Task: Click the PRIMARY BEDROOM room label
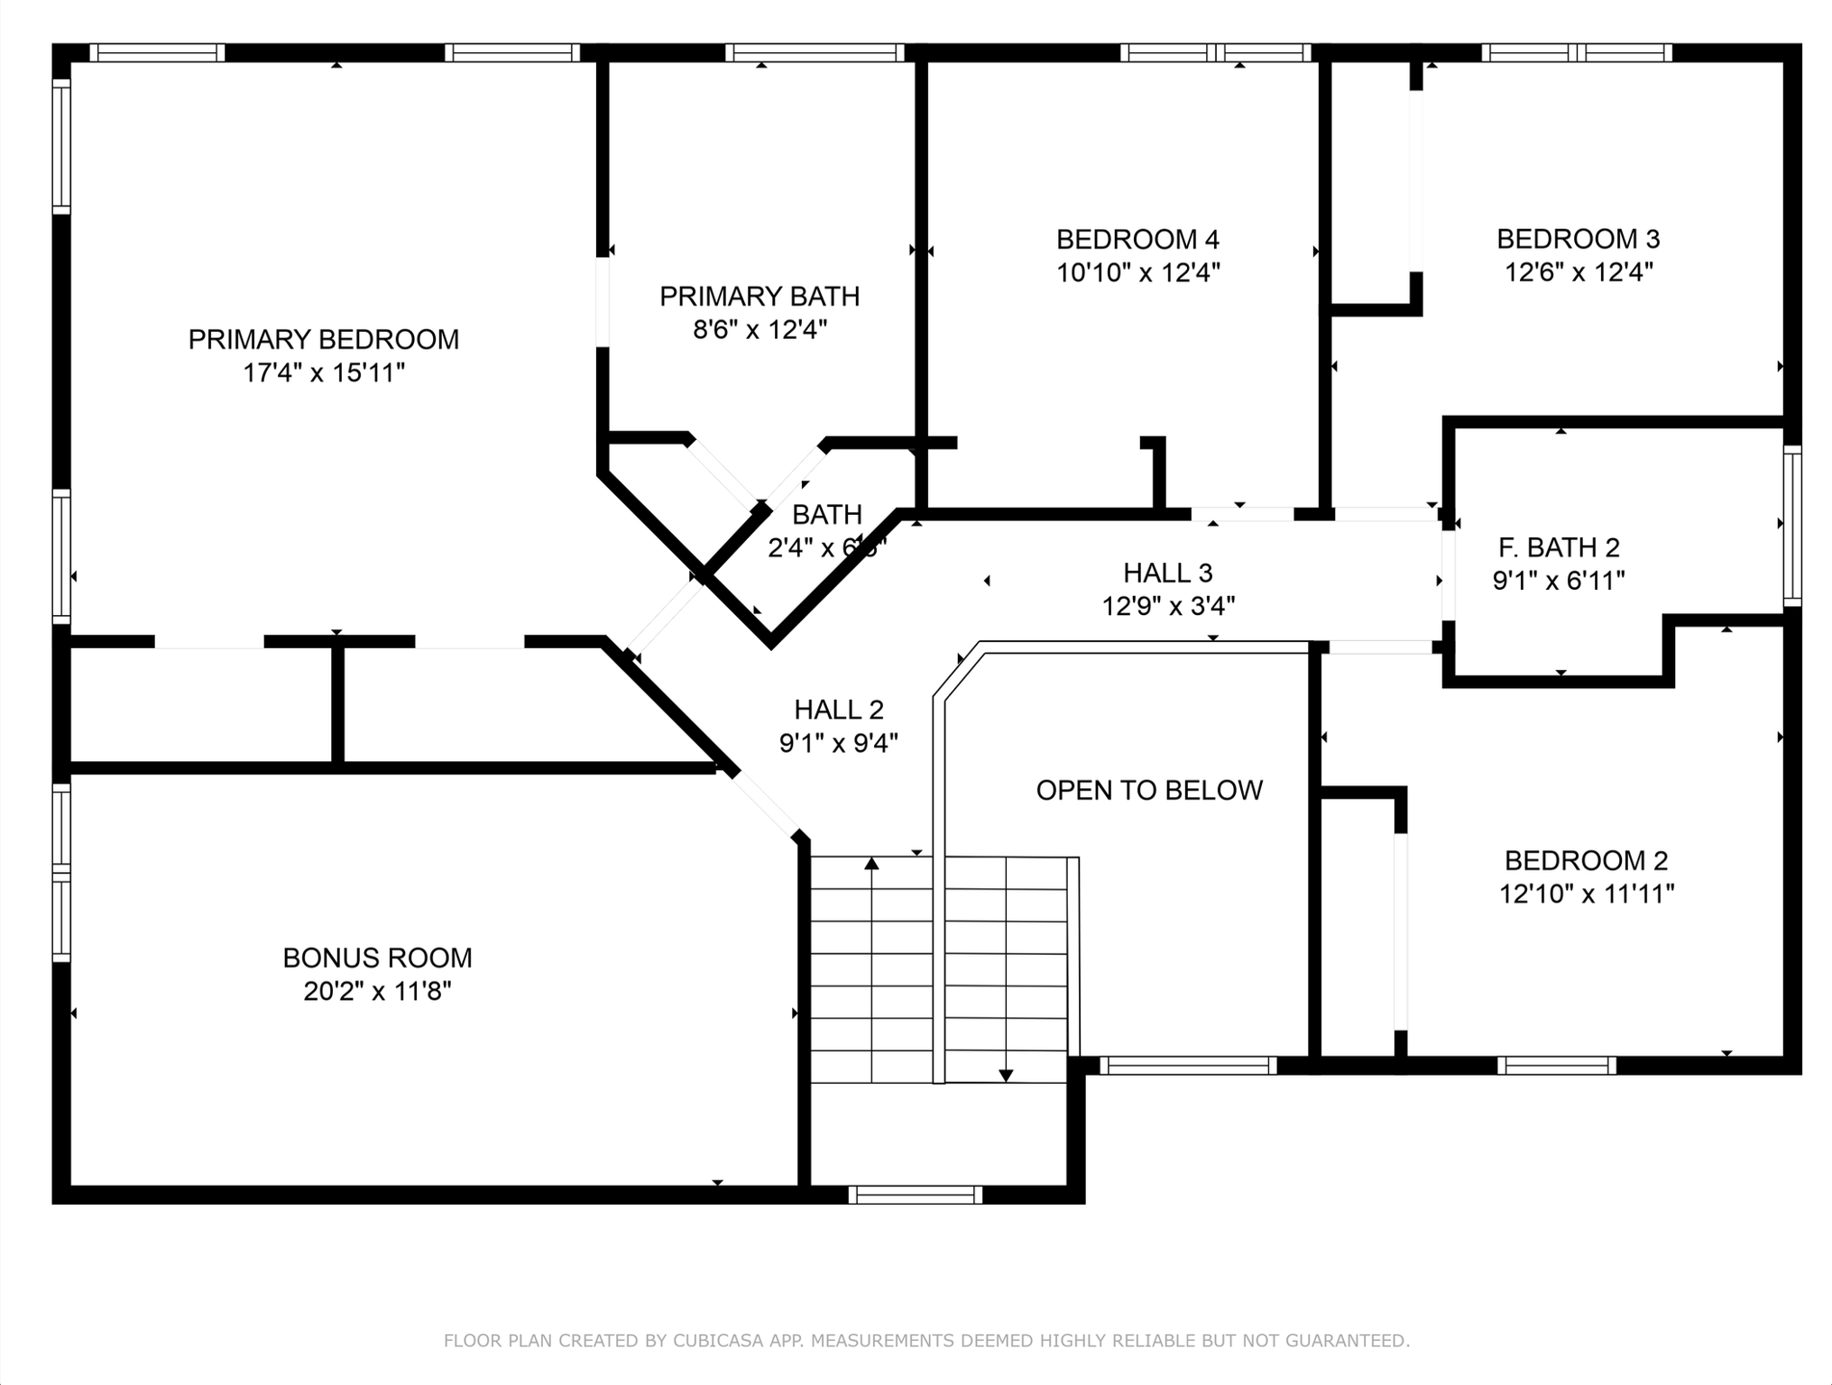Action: coord(323,339)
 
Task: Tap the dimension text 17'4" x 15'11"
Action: coord(323,372)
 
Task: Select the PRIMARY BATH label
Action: coord(759,296)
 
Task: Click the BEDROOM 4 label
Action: coord(1137,239)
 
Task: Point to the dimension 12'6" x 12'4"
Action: coord(1578,271)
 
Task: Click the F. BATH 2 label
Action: coord(1559,546)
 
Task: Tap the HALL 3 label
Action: coord(1167,572)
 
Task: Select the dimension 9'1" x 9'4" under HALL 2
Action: coord(838,743)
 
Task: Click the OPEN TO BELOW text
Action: coord(1148,790)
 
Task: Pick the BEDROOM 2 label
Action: coord(1586,860)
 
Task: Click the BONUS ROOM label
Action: coord(377,958)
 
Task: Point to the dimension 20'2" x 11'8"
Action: coord(377,991)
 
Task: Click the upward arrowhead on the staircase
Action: coord(871,864)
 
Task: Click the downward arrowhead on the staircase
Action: coord(1006,1075)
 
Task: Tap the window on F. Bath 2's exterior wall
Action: coord(1792,526)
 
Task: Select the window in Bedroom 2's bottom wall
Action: coord(1556,1066)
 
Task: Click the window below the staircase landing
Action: coord(915,1195)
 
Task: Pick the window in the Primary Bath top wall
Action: coord(815,52)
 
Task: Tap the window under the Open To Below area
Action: coord(1187,1066)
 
